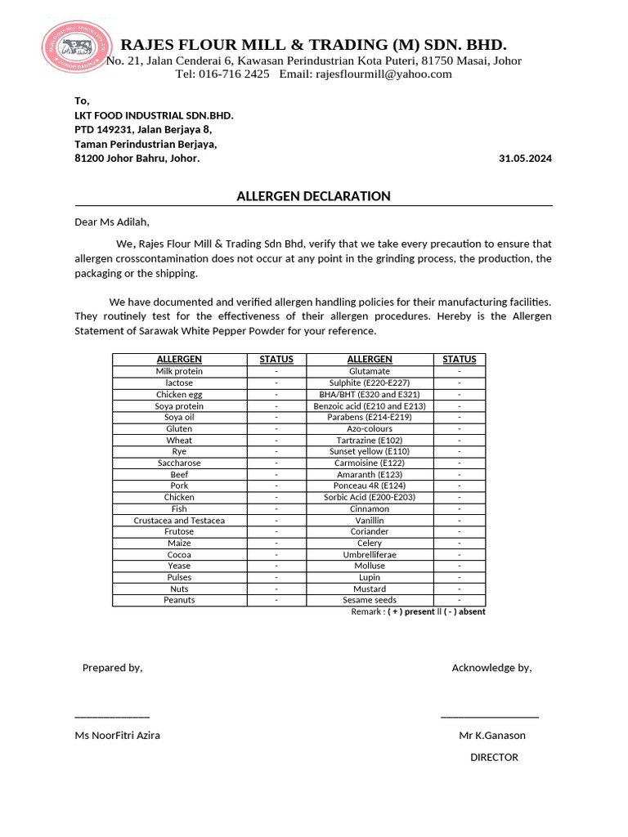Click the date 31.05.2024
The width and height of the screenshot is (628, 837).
click(525, 159)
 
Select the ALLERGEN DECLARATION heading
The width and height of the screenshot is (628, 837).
click(313, 196)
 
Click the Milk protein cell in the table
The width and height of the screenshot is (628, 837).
click(179, 371)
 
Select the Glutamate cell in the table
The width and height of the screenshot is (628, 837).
click(370, 371)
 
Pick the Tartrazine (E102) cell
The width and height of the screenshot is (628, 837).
click(370, 440)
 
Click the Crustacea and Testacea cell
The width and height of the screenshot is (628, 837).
click(179, 520)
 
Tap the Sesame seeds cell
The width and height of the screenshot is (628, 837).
click(370, 600)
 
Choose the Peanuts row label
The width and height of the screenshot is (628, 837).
click(179, 600)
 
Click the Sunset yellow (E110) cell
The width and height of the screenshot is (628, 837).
click(370, 451)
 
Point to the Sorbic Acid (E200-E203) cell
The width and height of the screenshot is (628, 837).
click(370, 497)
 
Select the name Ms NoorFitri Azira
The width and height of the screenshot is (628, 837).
click(118, 735)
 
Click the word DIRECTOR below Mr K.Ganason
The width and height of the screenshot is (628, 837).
click(494, 758)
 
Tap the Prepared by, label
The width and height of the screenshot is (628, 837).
click(112, 668)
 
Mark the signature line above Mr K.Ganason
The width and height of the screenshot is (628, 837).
click(489, 717)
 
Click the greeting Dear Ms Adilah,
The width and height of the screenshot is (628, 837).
click(113, 222)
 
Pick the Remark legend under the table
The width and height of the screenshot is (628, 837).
click(418, 611)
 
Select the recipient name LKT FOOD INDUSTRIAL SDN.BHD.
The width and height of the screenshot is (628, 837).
click(154, 115)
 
